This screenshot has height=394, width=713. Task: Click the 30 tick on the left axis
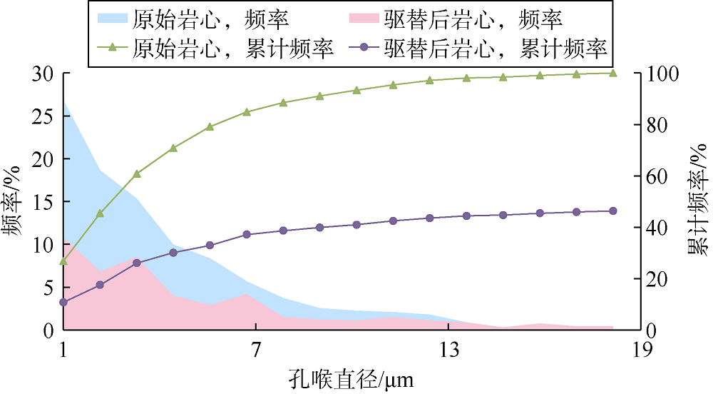click(x=44, y=74)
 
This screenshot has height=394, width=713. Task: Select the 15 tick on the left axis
click(x=44, y=202)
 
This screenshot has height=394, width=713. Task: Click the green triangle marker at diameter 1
click(x=63, y=261)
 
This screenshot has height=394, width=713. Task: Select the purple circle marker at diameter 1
click(x=63, y=303)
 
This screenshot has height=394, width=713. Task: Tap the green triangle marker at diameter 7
click(x=247, y=112)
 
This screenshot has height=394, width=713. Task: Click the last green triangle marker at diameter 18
click(x=613, y=73)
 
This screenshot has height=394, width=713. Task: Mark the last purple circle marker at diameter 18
click(x=613, y=211)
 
